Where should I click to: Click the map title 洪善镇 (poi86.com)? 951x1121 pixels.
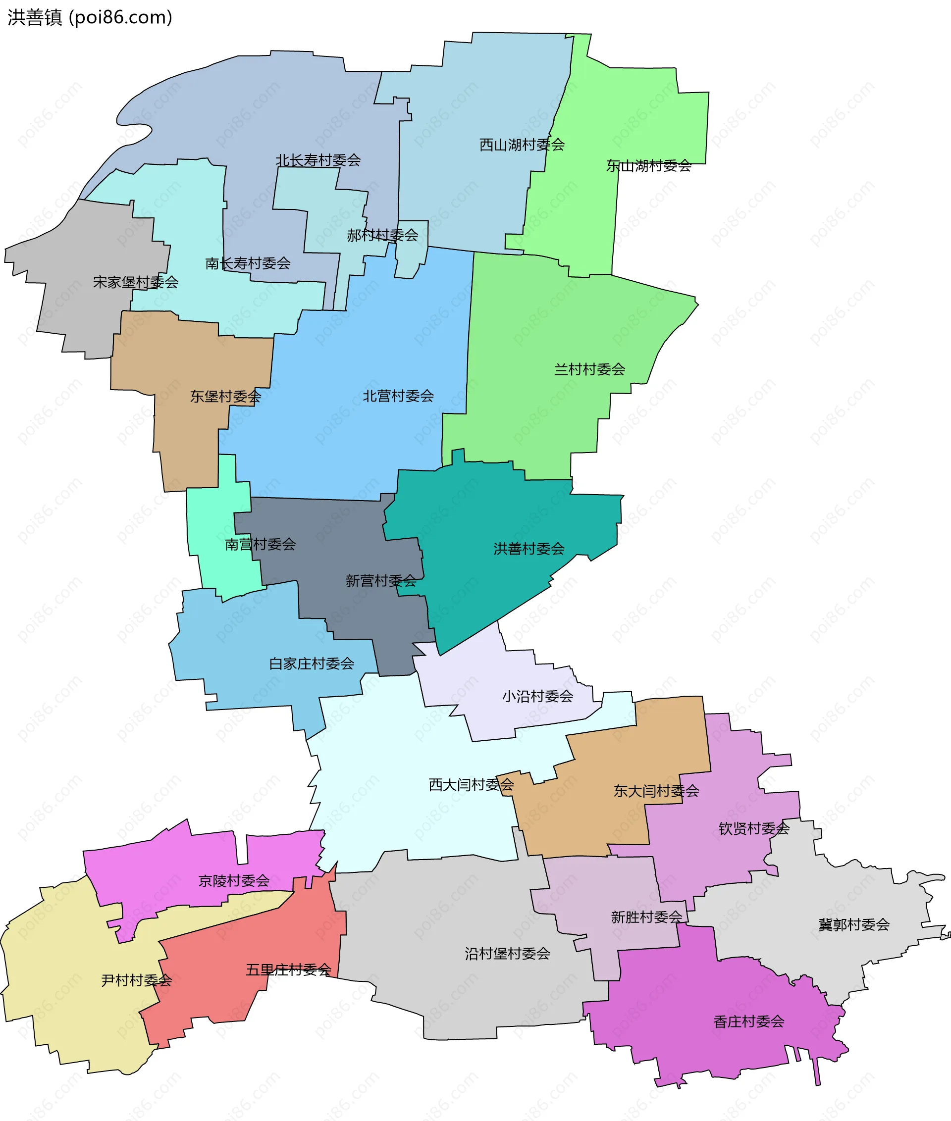[x=90, y=17]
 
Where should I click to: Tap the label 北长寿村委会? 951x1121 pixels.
[x=318, y=160]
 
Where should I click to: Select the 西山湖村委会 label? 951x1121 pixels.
[x=522, y=145]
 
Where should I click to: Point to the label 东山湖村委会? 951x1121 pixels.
[x=648, y=165]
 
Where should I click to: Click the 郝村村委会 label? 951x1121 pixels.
[x=382, y=235]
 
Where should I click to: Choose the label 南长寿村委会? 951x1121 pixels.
[x=248, y=263]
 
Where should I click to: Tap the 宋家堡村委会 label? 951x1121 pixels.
[x=135, y=282]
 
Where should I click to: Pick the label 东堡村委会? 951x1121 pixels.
[x=225, y=396]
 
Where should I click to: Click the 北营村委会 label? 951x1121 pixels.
[x=398, y=396]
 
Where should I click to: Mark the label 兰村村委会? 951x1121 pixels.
[x=589, y=369]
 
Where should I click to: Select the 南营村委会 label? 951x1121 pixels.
[x=261, y=544]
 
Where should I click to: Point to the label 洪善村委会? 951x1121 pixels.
[x=529, y=549]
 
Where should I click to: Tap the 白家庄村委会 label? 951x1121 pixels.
[x=312, y=663]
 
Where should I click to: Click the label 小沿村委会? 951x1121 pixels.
[x=537, y=696]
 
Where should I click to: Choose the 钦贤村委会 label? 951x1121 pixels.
[x=754, y=828]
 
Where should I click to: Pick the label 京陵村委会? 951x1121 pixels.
[x=234, y=881]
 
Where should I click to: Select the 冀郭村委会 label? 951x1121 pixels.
[x=854, y=925]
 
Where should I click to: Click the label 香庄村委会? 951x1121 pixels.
[x=749, y=1021]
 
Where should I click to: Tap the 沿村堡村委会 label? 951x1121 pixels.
[x=507, y=954]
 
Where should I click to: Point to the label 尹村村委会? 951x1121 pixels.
[x=136, y=980]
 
